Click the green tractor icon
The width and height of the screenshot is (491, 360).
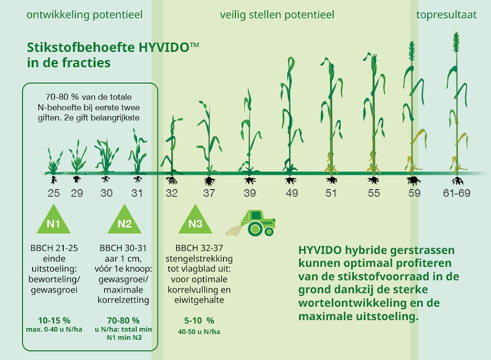pos(257,223)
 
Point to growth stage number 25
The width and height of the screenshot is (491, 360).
pos(54,193)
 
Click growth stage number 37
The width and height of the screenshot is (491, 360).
pos(209,193)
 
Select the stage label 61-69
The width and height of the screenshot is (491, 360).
pos(457,193)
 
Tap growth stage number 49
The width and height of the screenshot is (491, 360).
pos(292,193)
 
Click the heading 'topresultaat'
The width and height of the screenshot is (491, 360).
pos(446,15)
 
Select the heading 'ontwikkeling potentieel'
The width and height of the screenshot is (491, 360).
pos(84,15)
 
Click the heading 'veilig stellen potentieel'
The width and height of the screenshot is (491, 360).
pos(277,15)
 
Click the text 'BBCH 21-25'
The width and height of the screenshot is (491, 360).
pos(54,248)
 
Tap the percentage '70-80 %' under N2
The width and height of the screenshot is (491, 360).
pos(123,321)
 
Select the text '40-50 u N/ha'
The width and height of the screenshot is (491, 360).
pos(199,332)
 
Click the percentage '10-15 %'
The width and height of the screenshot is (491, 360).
pos(54,321)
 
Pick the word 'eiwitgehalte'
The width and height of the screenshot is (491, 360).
pos(199,300)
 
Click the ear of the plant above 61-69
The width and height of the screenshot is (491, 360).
pos(456,42)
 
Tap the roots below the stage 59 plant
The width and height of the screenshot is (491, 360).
pos(413,181)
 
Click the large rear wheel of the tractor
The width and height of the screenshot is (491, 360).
pos(255,229)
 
